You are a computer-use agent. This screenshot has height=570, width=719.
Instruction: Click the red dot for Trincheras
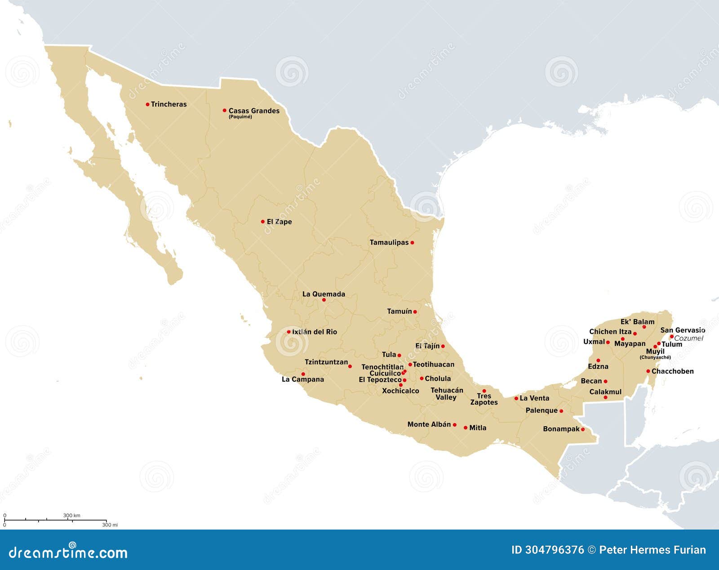coord(147,104)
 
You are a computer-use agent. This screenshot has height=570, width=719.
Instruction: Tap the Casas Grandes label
coord(254,111)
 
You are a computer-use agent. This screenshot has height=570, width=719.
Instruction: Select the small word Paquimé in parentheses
coord(240,117)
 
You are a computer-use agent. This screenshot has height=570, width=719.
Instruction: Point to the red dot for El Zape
coord(263,222)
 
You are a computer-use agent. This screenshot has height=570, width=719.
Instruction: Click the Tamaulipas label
coord(389,242)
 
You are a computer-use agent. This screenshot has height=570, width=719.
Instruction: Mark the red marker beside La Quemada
coord(324,300)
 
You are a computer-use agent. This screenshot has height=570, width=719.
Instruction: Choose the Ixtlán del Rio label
coord(315,332)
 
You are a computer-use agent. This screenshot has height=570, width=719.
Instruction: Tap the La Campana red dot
coord(303,374)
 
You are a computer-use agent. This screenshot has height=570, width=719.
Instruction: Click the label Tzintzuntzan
coord(326,362)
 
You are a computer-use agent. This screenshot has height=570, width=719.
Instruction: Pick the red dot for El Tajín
coord(443,346)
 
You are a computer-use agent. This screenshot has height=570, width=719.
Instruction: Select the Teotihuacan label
coord(434,364)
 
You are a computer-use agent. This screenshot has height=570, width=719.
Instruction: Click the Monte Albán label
coord(429,424)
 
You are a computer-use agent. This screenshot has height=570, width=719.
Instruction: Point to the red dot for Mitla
coord(466,428)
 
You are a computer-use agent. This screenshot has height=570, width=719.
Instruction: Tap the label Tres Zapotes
coord(484,399)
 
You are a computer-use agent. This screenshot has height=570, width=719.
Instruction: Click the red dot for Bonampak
coord(583,430)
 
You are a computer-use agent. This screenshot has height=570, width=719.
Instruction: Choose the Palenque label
coord(541,410)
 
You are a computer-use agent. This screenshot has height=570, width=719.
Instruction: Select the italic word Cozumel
coord(689,338)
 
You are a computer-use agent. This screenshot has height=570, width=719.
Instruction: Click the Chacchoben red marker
coord(648,371)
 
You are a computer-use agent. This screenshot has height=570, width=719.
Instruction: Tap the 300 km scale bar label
coord(71,516)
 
